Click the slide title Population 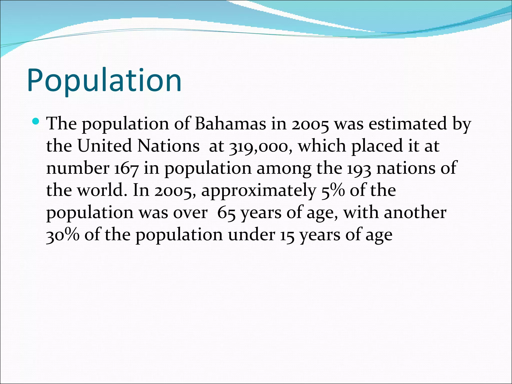(x=104, y=80)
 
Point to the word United (x=104, y=146)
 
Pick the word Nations (x=168, y=146)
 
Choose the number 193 (x=359, y=168)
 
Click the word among (x=284, y=168)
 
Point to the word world (x=100, y=190)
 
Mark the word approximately (x=259, y=191)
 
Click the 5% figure (x=333, y=191)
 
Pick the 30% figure (x=63, y=235)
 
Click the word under (x=251, y=235)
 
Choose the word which (x=322, y=146)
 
